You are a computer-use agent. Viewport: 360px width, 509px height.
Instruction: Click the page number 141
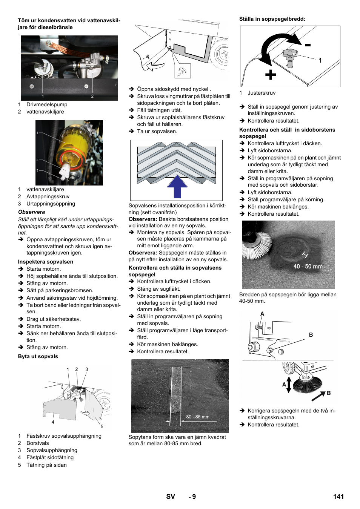tap(338, 497)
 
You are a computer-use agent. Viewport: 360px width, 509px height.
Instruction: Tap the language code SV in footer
tap(171, 497)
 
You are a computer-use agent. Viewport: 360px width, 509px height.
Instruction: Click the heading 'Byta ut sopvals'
tap(38, 356)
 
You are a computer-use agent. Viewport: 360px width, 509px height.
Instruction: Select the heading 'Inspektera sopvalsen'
tap(46, 262)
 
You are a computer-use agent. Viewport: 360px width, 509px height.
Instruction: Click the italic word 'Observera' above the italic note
tap(31, 212)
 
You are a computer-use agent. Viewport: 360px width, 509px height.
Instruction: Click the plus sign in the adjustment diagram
tap(270, 75)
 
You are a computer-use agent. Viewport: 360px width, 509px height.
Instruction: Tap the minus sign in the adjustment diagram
tap(308, 45)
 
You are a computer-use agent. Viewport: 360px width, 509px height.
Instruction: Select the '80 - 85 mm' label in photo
tap(197, 417)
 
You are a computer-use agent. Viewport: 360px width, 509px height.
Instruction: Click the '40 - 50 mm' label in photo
tap(308, 267)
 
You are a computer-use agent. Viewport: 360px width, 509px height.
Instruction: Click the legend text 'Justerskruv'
tap(261, 93)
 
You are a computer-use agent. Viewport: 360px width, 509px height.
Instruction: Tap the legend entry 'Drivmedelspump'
tap(47, 104)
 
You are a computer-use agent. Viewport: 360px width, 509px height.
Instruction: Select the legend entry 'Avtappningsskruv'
tap(48, 196)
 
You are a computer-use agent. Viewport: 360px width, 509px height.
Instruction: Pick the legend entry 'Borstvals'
tap(38, 443)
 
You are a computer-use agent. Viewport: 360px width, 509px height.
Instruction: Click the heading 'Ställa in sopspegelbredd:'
tap(272, 19)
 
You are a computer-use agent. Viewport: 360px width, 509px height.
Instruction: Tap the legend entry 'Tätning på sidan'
tap(46, 465)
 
